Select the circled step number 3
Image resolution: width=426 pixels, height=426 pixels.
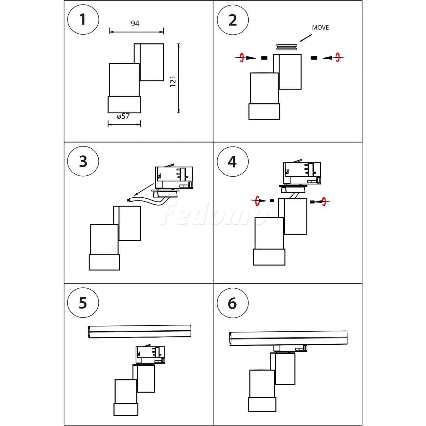[83, 162]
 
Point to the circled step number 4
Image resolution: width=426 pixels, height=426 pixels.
[232, 162]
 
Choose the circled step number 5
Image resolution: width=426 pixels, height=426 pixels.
[83, 303]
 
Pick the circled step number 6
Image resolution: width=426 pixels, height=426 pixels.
[232, 303]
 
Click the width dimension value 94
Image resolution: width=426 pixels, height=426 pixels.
[135, 24]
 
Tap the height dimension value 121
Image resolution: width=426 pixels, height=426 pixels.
[173, 81]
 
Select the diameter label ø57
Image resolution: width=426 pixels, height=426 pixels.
[123, 116]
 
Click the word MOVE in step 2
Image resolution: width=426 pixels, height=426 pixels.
[320, 28]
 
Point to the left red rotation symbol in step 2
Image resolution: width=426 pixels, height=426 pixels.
[242, 58]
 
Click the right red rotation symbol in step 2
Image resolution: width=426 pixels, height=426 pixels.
[337, 58]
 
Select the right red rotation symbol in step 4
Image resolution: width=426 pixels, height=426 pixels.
[324, 202]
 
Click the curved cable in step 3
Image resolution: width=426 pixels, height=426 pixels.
[147, 200]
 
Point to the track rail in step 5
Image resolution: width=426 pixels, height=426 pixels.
[140, 331]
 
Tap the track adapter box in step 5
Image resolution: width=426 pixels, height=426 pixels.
[150, 355]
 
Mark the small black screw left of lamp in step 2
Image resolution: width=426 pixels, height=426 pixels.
[264, 58]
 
